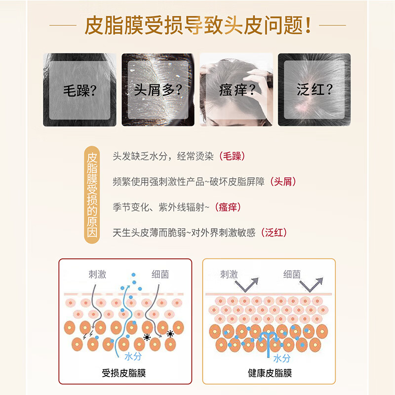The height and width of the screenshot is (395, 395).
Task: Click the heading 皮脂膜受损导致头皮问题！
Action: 197,25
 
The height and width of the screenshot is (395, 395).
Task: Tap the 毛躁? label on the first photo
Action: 79,90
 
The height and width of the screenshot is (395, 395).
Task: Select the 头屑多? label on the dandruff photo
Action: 158,90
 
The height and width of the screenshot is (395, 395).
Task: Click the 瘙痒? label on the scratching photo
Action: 236,90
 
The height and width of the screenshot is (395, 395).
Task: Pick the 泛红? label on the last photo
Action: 314,90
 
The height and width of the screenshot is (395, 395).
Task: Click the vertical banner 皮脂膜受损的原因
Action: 91,195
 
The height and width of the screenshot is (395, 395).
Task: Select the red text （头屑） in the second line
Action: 283,182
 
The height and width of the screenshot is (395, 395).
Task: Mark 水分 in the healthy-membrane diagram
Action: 281,358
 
